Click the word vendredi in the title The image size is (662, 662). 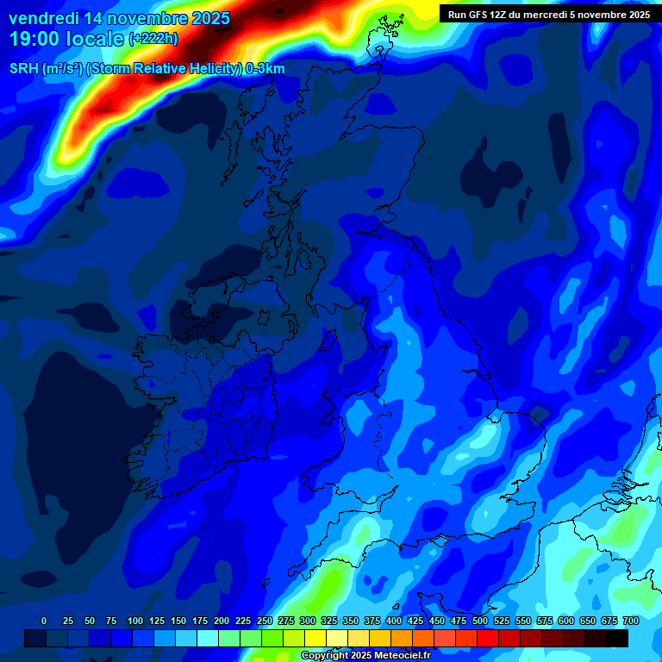tap(43, 18)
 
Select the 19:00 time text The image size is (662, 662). tap(34, 39)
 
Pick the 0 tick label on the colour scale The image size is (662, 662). tap(44, 621)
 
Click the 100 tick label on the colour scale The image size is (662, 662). tap(134, 621)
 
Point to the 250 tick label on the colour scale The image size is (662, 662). tap(264, 621)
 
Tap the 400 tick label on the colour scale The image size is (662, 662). tap(393, 621)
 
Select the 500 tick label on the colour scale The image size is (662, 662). tap(479, 621)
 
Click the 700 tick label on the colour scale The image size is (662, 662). tap(630, 621)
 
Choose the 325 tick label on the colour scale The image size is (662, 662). tap(328, 621)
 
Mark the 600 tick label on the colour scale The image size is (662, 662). tap(565, 621)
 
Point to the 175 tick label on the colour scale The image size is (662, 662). tap(199, 621)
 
